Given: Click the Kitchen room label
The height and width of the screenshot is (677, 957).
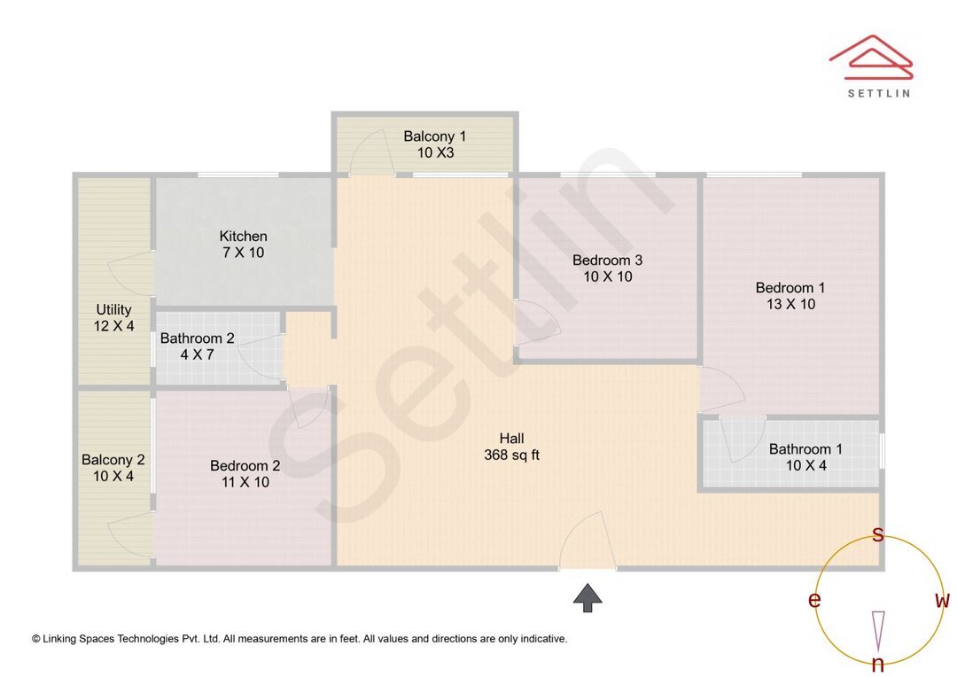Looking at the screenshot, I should pos(244,237).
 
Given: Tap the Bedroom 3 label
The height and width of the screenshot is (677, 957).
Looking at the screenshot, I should pos(607,261).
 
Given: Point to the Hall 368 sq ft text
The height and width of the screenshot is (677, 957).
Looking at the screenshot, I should pos(511,455).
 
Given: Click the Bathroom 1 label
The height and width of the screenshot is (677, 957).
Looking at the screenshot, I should pos(805,449).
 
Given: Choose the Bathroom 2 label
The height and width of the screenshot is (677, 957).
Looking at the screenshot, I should pos(197,338).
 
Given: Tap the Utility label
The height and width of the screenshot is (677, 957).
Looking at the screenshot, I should pos(114,310).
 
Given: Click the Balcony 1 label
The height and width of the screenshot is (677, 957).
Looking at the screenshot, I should pos(434,136).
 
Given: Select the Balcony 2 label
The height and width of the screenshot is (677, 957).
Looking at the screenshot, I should pos(113,460).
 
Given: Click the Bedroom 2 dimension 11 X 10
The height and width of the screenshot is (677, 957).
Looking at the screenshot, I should pos(245,482).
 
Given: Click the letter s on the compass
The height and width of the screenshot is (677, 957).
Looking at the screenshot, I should pos(878,534).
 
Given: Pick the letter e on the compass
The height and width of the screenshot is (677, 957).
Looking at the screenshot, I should pos(813,601).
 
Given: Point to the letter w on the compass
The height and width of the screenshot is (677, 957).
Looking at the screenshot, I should pos(943,601).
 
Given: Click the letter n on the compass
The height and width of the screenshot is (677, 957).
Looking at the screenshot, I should pos(878,665).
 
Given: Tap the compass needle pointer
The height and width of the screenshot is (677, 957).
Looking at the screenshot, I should pos(878,630).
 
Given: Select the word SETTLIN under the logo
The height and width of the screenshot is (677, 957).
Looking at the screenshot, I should pos(878,92).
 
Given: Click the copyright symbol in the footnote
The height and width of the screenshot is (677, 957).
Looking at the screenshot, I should pos(36,639).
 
